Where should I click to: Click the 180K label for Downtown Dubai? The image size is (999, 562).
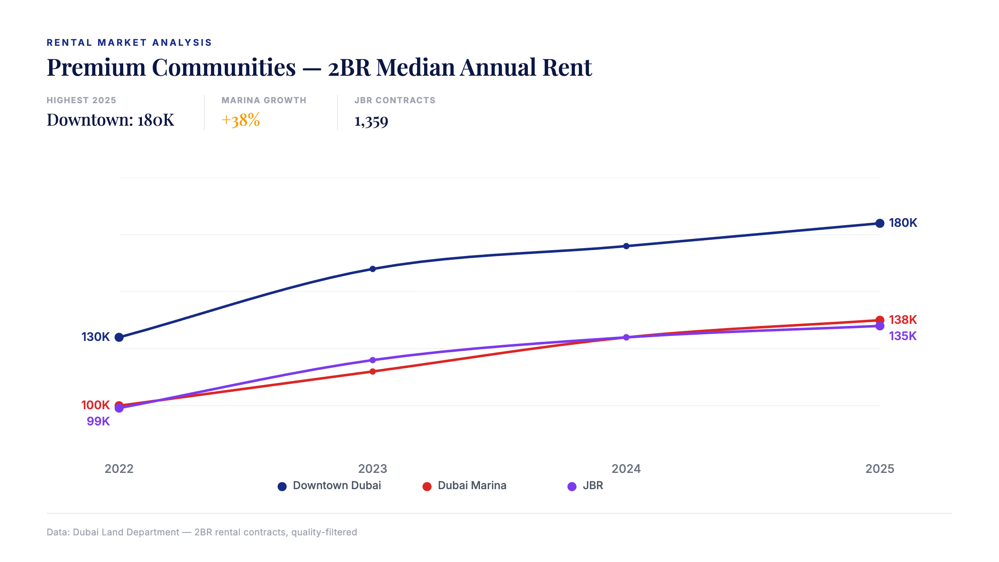902,223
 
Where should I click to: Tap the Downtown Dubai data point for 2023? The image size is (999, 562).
373,269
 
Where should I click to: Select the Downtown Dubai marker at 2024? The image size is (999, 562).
626,246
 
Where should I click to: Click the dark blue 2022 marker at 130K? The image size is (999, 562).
119,337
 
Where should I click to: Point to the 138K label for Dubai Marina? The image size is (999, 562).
902,320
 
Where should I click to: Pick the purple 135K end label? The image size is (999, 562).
902,336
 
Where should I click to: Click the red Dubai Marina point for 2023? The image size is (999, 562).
373,371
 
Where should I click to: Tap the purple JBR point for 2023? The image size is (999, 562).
373,360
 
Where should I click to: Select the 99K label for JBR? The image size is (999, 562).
98,421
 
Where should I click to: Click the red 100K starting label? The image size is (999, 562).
95,405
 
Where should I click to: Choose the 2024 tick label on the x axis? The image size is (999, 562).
626,469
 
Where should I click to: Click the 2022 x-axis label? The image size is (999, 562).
119,469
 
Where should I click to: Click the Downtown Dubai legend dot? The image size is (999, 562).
282,486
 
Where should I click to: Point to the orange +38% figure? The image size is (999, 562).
241,120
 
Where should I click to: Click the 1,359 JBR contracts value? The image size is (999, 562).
371,121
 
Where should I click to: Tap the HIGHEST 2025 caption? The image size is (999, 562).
81,100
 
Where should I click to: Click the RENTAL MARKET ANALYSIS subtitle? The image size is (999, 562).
129,42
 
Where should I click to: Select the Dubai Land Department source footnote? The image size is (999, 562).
201,532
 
